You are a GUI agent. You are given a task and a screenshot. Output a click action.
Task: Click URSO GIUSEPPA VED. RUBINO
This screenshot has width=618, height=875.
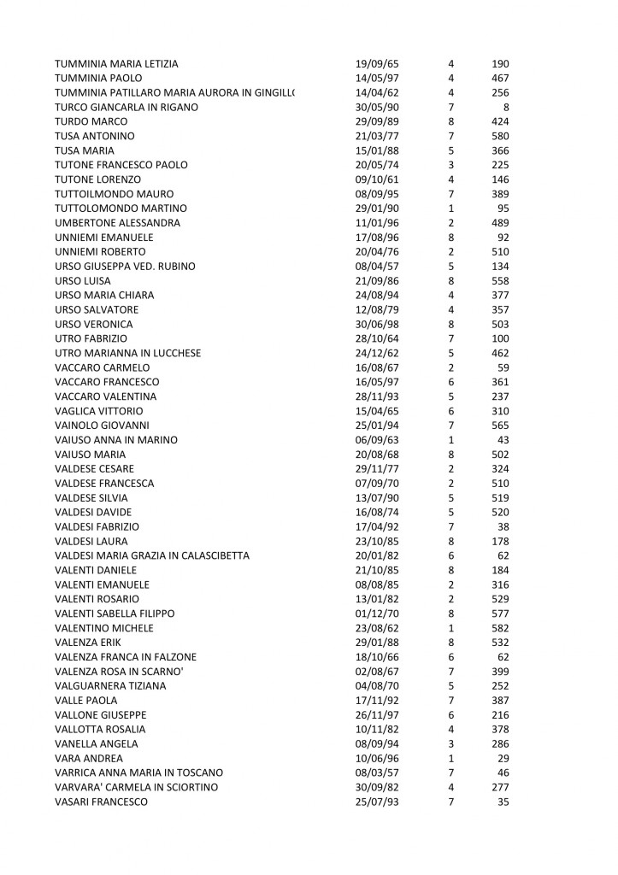click(x=125, y=267)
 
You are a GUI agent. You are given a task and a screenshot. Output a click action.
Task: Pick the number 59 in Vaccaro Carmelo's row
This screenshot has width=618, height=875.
click(x=503, y=368)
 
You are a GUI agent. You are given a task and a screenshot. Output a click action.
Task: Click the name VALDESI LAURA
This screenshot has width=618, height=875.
click(x=91, y=541)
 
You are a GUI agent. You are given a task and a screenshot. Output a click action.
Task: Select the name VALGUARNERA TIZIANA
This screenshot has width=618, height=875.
click(x=109, y=686)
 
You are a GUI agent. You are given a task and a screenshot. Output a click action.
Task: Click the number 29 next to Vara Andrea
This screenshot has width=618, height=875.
click(x=503, y=758)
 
